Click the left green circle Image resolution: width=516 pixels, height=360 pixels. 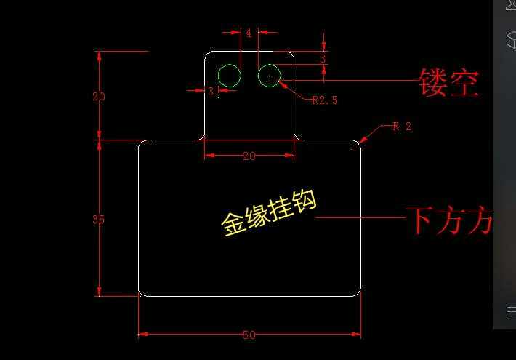(x=230, y=76)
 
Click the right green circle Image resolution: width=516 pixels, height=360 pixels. (x=270, y=75)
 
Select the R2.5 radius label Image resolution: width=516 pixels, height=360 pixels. (x=325, y=100)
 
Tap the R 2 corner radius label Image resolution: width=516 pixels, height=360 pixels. (x=402, y=127)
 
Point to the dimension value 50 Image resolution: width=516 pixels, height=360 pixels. (x=249, y=335)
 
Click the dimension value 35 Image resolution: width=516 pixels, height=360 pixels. (x=99, y=220)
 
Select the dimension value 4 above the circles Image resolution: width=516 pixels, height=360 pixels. (x=249, y=33)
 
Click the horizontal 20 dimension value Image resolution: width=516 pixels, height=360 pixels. (x=249, y=156)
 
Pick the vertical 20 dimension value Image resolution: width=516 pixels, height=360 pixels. (x=99, y=96)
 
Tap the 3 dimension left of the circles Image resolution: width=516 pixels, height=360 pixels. (x=211, y=92)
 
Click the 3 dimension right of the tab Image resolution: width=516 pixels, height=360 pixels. (x=323, y=58)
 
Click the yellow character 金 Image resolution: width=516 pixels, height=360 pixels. (x=234, y=225)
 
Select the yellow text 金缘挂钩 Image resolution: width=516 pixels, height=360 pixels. (x=270, y=214)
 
